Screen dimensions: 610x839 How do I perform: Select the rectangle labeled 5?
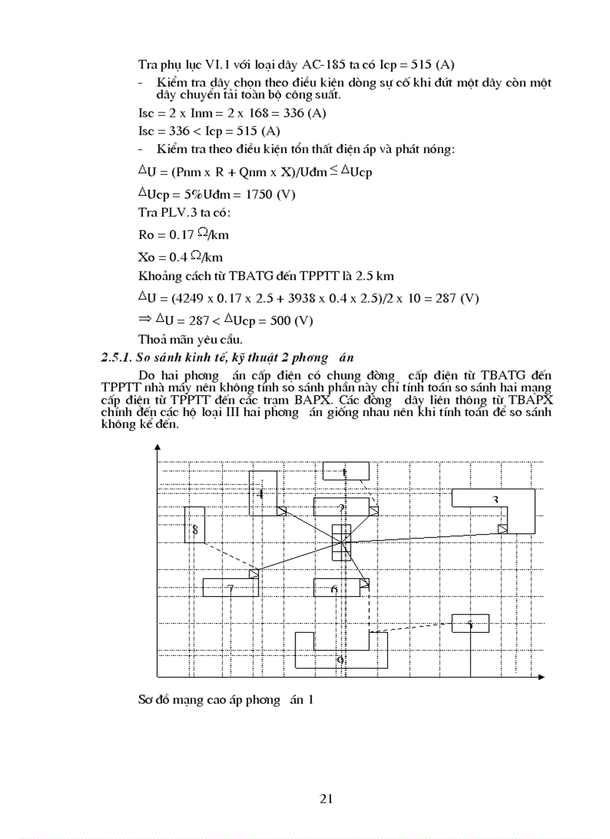tap(470, 623)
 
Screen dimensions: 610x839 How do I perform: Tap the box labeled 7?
tap(230, 588)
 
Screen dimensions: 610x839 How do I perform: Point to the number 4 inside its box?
tap(260, 494)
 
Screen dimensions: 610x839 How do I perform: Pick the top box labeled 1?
tap(345, 471)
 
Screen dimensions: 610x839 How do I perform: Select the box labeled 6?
tap(335, 589)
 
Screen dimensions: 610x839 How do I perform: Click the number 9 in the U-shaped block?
tap(341, 660)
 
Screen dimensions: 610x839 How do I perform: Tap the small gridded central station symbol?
tap(341, 540)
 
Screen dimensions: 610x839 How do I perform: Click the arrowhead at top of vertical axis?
tap(158, 447)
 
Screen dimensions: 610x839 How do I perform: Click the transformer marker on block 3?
tap(503, 529)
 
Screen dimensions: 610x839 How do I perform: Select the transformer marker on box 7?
tap(253, 573)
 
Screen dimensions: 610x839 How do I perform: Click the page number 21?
tap(326, 799)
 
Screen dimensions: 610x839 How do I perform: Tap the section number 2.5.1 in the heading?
tap(117, 358)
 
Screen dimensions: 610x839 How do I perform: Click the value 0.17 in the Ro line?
tap(172, 235)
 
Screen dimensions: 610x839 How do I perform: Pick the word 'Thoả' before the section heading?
tap(152, 340)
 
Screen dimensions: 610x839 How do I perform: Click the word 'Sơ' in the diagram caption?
tap(145, 700)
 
